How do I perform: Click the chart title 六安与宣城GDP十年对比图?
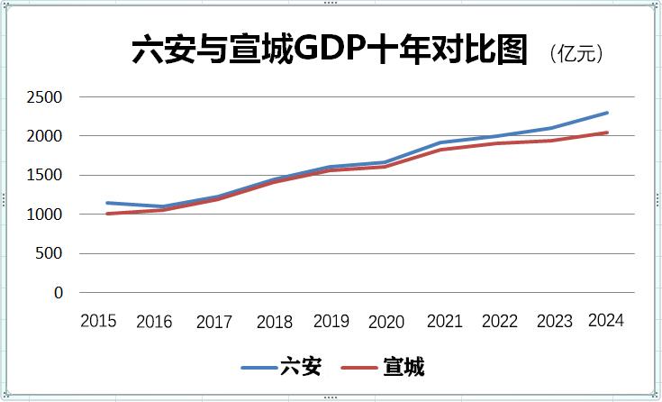331,51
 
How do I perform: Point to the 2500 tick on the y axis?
46,97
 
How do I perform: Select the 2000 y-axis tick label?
46,136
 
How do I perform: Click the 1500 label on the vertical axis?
46,176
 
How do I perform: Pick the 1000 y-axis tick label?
46,215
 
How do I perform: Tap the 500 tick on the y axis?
50,253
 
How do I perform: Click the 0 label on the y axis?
59,293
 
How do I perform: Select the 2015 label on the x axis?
98,320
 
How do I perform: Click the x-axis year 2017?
213,322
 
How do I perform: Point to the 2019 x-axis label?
331,320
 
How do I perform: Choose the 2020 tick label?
386,322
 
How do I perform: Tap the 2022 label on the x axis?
500,322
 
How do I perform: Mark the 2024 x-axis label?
605,320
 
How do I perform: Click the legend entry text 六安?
300,367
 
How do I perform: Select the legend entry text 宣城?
404,367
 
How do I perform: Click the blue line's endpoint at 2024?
607,113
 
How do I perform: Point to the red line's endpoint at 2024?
607,132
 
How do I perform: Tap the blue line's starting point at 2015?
107,203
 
